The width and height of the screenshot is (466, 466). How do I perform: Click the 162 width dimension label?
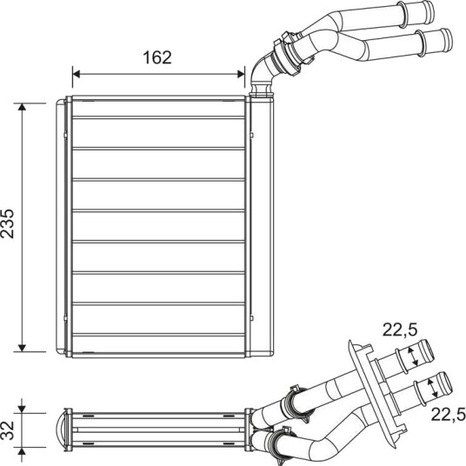pyautogui.click(x=157, y=57)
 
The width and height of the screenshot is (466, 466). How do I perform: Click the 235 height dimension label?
pyautogui.click(x=8, y=223)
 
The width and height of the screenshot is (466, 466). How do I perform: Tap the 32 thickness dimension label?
pyautogui.click(x=8, y=430)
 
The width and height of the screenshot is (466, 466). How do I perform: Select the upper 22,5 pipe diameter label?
pyautogui.click(x=400, y=330)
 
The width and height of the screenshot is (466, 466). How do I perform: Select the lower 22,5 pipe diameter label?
pyautogui.click(x=448, y=414)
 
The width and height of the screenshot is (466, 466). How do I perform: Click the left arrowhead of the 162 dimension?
pyautogui.click(x=77, y=74)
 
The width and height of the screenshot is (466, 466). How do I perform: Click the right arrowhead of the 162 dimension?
pyautogui.click(x=241, y=74)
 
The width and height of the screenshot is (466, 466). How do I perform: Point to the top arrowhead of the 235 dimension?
pyautogui.click(x=22, y=107)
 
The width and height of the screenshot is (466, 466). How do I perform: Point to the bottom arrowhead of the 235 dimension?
pyautogui.click(x=22, y=348)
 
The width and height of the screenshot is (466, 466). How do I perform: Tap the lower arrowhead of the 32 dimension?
pyautogui.click(x=22, y=451)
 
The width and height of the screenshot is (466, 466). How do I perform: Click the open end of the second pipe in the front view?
pyautogui.click(x=447, y=40)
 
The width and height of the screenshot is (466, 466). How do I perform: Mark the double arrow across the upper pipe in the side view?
pyautogui.click(x=412, y=356)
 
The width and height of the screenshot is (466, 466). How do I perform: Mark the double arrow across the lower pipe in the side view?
pyautogui.click(x=432, y=388)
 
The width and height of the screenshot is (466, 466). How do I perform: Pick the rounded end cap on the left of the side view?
pyautogui.click(x=59, y=430)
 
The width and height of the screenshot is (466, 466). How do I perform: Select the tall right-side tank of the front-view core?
pyautogui.click(x=262, y=226)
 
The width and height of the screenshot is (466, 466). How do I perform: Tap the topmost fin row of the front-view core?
pyautogui.click(x=158, y=109)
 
